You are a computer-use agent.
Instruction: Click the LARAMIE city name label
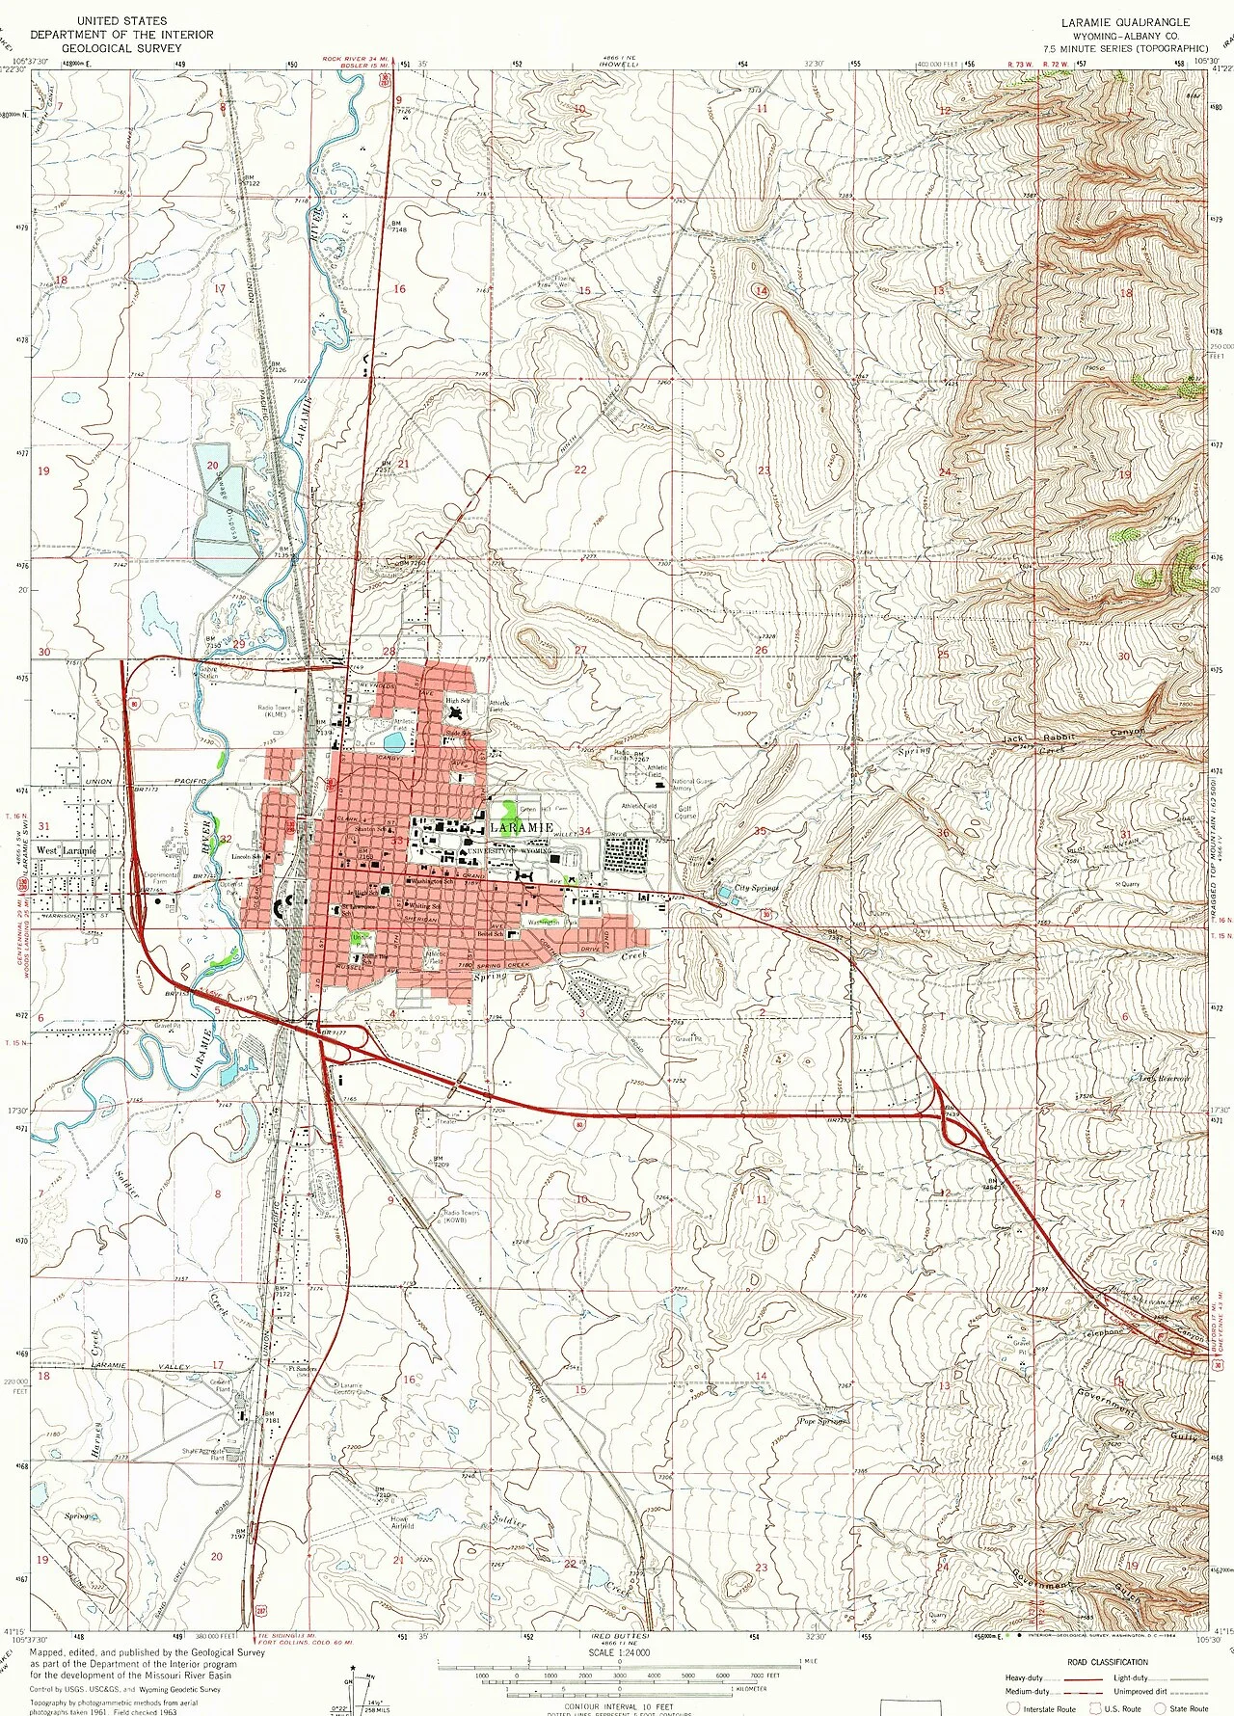(x=522, y=828)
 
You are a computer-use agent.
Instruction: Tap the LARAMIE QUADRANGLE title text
(x=1125, y=22)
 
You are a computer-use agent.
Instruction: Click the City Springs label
(x=756, y=888)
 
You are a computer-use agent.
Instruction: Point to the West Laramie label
(x=67, y=851)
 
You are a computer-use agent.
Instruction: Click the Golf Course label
(x=684, y=813)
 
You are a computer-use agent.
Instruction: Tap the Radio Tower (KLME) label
(x=273, y=711)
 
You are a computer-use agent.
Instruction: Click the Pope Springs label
(x=822, y=1421)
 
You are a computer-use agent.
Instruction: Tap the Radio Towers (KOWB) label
(x=461, y=1217)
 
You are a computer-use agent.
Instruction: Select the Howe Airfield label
(x=401, y=1522)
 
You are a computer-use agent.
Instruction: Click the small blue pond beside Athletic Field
(x=393, y=742)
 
